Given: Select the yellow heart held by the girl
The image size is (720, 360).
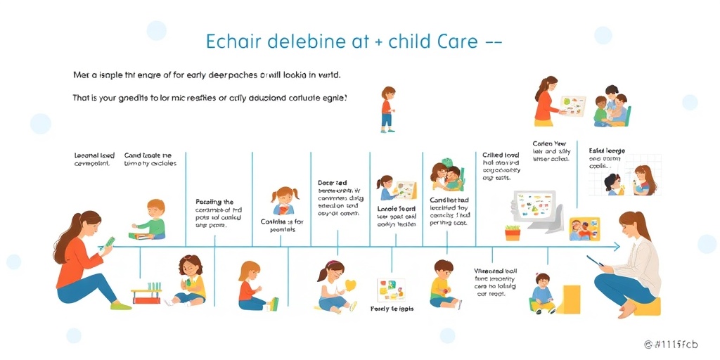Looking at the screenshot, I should click(351, 285).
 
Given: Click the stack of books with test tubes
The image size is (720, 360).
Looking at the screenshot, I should click(147, 293).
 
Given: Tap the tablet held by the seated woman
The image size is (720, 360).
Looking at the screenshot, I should click(595, 262).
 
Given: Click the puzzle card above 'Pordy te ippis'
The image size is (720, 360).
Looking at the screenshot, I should click(392, 290).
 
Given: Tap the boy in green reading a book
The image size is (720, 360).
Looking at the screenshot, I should click(152, 219).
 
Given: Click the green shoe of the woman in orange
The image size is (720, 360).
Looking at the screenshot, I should click(120, 305).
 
